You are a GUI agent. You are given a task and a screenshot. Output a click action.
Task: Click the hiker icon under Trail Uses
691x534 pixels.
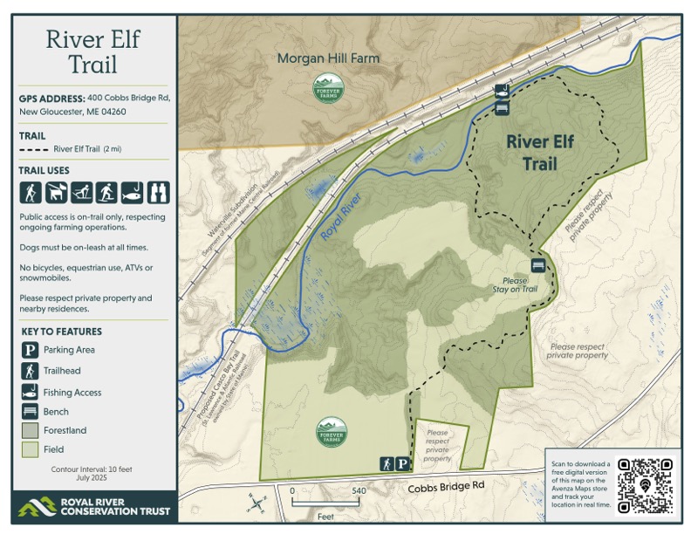[30, 192]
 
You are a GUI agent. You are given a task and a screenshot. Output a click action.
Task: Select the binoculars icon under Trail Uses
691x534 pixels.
[158, 192]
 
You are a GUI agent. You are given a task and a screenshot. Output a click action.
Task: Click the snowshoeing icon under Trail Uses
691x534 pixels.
[106, 192]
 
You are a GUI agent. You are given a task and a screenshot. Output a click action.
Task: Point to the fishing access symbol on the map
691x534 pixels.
[502, 91]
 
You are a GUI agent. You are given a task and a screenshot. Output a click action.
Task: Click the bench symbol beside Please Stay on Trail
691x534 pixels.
[538, 265]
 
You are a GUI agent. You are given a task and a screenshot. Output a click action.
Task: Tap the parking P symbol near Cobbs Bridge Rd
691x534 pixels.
[403, 464]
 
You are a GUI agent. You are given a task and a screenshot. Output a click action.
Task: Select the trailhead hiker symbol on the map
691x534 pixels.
[386, 464]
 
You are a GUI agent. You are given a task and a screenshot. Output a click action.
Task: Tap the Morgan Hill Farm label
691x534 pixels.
[328, 59]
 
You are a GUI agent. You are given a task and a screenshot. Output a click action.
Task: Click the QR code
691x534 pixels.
[646, 484]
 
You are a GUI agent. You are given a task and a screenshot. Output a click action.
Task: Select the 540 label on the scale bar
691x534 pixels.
[358, 491]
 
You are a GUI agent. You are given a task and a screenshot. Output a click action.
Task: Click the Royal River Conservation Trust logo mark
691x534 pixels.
[38, 506]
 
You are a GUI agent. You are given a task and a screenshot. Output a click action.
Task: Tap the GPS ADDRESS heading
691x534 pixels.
[51, 99]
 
